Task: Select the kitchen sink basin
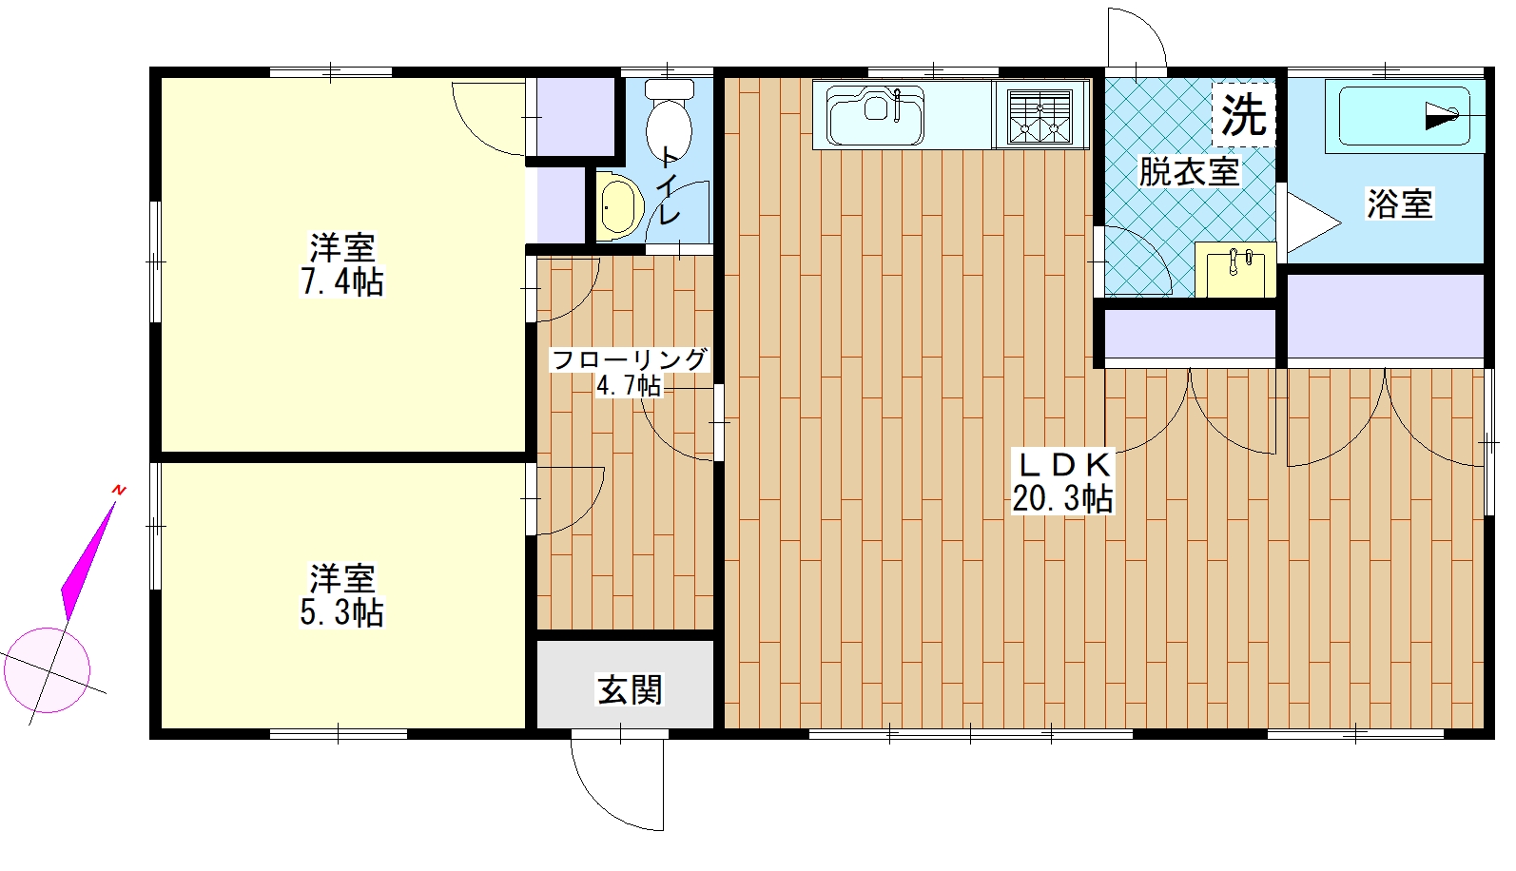click(875, 114)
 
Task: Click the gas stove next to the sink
click(1040, 116)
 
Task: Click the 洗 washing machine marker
click(1243, 115)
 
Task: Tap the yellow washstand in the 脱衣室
click(1235, 269)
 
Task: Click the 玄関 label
click(631, 689)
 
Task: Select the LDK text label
click(1064, 465)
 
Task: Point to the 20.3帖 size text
click(1062, 499)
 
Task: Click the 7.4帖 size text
click(341, 281)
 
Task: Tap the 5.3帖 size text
click(341, 612)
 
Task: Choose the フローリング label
click(631, 359)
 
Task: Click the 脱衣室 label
click(1189, 172)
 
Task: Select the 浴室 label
click(1400, 203)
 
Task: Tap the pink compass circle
click(47, 670)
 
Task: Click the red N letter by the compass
click(119, 490)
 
